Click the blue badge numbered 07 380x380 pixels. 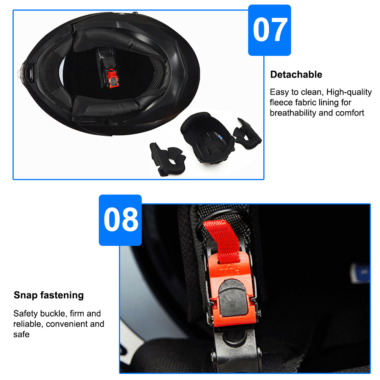[269, 30]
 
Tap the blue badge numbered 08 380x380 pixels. [120, 220]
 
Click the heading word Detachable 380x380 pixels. [296, 74]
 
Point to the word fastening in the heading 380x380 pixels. [62, 295]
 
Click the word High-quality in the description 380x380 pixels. [349, 92]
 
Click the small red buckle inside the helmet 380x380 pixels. [112, 78]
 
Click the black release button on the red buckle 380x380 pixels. [233, 298]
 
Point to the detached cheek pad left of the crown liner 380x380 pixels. [167, 159]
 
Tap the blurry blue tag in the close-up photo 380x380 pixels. [361, 273]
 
